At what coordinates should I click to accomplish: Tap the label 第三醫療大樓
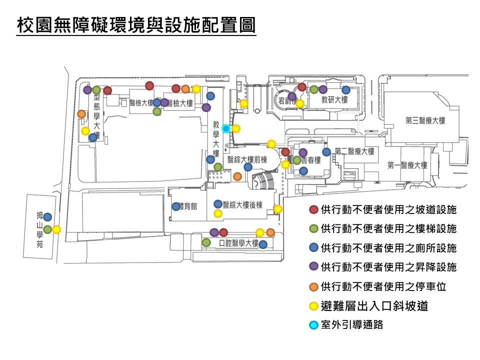[425, 120]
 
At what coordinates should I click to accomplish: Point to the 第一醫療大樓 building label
[407, 165]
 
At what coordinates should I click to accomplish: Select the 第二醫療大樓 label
[354, 151]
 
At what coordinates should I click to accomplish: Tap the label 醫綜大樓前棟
[247, 160]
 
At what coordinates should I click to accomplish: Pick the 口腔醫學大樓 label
[239, 243]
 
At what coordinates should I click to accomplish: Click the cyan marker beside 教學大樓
[226, 128]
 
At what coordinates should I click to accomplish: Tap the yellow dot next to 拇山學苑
[56, 229]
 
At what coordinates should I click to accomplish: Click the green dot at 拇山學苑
[47, 229]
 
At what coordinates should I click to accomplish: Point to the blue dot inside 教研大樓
[346, 90]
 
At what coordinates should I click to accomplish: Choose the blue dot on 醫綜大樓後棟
[218, 204]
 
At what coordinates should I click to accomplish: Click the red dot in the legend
[314, 209]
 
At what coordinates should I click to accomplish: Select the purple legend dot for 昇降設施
[314, 266]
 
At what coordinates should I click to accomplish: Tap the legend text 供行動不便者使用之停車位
[383, 286]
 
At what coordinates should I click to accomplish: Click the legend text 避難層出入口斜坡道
[374, 305]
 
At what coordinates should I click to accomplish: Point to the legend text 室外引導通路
[352, 324]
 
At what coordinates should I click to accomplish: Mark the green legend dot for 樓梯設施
[314, 228]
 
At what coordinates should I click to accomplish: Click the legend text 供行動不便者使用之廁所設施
[388, 247]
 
